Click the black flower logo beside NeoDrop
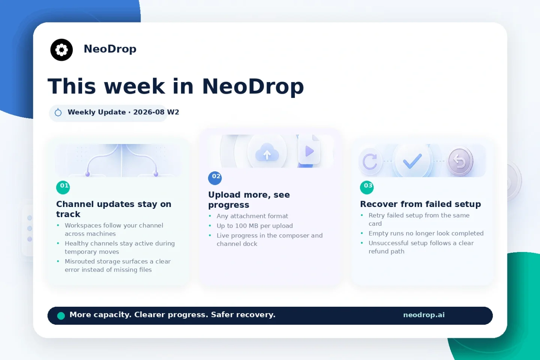point(61,49)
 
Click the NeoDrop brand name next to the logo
point(110,49)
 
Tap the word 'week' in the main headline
point(134,86)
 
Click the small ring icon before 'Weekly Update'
point(58,112)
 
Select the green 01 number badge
point(63,187)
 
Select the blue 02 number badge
point(215,178)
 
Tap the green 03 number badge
point(367,187)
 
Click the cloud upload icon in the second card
point(267,152)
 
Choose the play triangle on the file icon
point(309,151)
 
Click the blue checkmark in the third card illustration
point(412,161)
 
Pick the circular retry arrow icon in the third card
point(370,161)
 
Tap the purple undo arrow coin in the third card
point(460,161)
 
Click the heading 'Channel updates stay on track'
point(114,209)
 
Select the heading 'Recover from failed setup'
point(420,204)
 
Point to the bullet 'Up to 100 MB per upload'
point(255,226)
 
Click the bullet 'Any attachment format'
point(252,216)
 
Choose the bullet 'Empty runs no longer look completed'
point(426,233)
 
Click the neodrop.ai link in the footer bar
point(424,315)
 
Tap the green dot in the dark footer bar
point(61,316)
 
